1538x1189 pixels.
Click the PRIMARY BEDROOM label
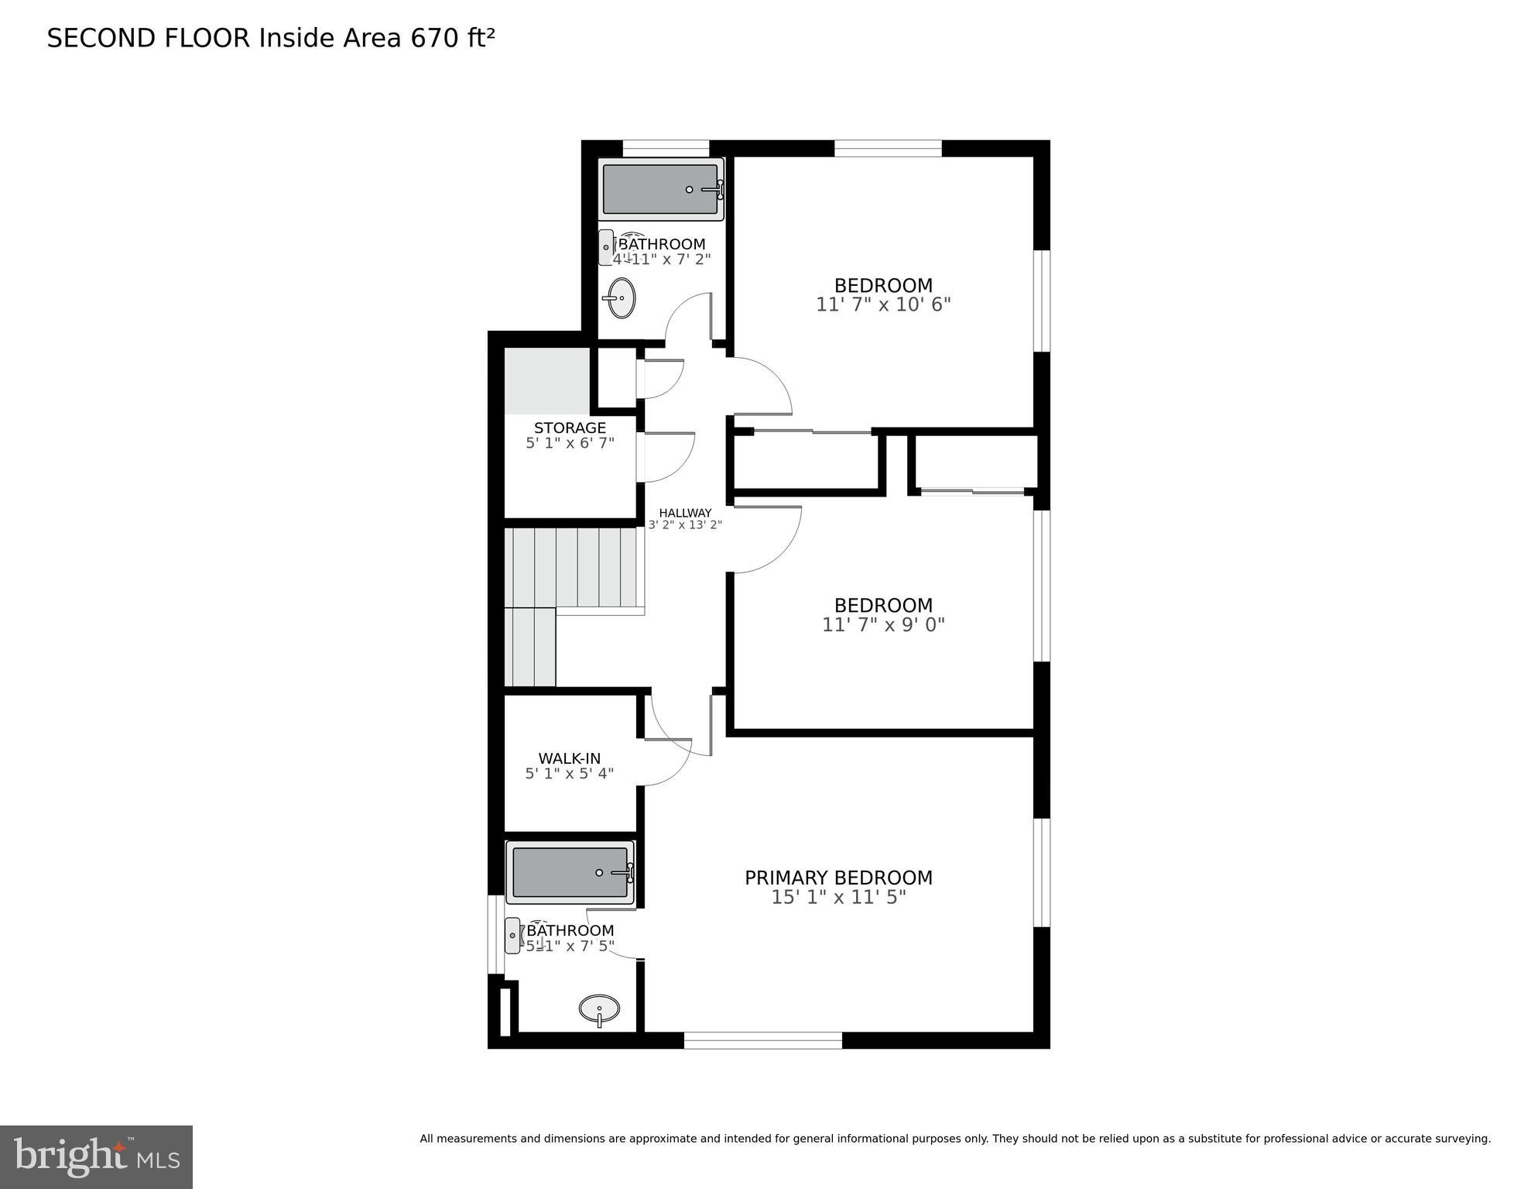click(x=838, y=878)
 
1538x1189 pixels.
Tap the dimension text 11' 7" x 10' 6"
click(x=883, y=304)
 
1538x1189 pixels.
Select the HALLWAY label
click(x=685, y=513)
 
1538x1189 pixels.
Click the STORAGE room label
click(x=570, y=428)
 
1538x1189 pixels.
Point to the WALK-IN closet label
click(x=569, y=758)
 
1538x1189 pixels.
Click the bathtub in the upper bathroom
click(x=660, y=189)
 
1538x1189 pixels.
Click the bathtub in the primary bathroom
click(x=570, y=872)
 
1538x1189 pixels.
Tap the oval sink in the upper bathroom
click(x=621, y=297)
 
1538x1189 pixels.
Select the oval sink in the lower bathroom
click(x=600, y=1009)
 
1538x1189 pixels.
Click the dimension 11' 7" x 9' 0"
click(x=883, y=624)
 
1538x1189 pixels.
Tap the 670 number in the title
click(x=435, y=38)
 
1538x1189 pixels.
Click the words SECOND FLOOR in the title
click(x=149, y=38)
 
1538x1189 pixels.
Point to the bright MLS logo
click(x=96, y=1156)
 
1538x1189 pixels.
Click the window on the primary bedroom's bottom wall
click(x=762, y=1040)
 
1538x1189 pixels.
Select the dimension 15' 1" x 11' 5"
click(x=838, y=897)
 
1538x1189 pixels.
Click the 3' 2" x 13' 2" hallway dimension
click(x=685, y=525)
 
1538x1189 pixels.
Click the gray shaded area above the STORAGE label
click(x=547, y=380)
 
